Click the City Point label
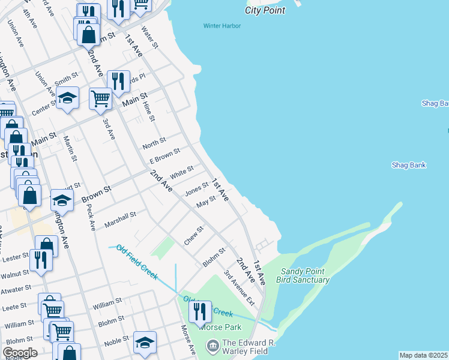(264, 10)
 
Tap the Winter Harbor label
(221, 26)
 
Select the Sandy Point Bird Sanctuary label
(304, 276)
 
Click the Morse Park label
(221, 328)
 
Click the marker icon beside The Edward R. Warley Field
(212, 346)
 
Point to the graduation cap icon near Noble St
(145, 343)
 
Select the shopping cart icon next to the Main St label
(100, 98)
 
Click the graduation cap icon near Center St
(68, 98)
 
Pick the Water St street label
(149, 37)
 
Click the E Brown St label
(164, 157)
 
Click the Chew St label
(194, 235)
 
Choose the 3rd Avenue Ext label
(236, 285)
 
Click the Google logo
(20, 353)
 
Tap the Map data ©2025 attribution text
(424, 355)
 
